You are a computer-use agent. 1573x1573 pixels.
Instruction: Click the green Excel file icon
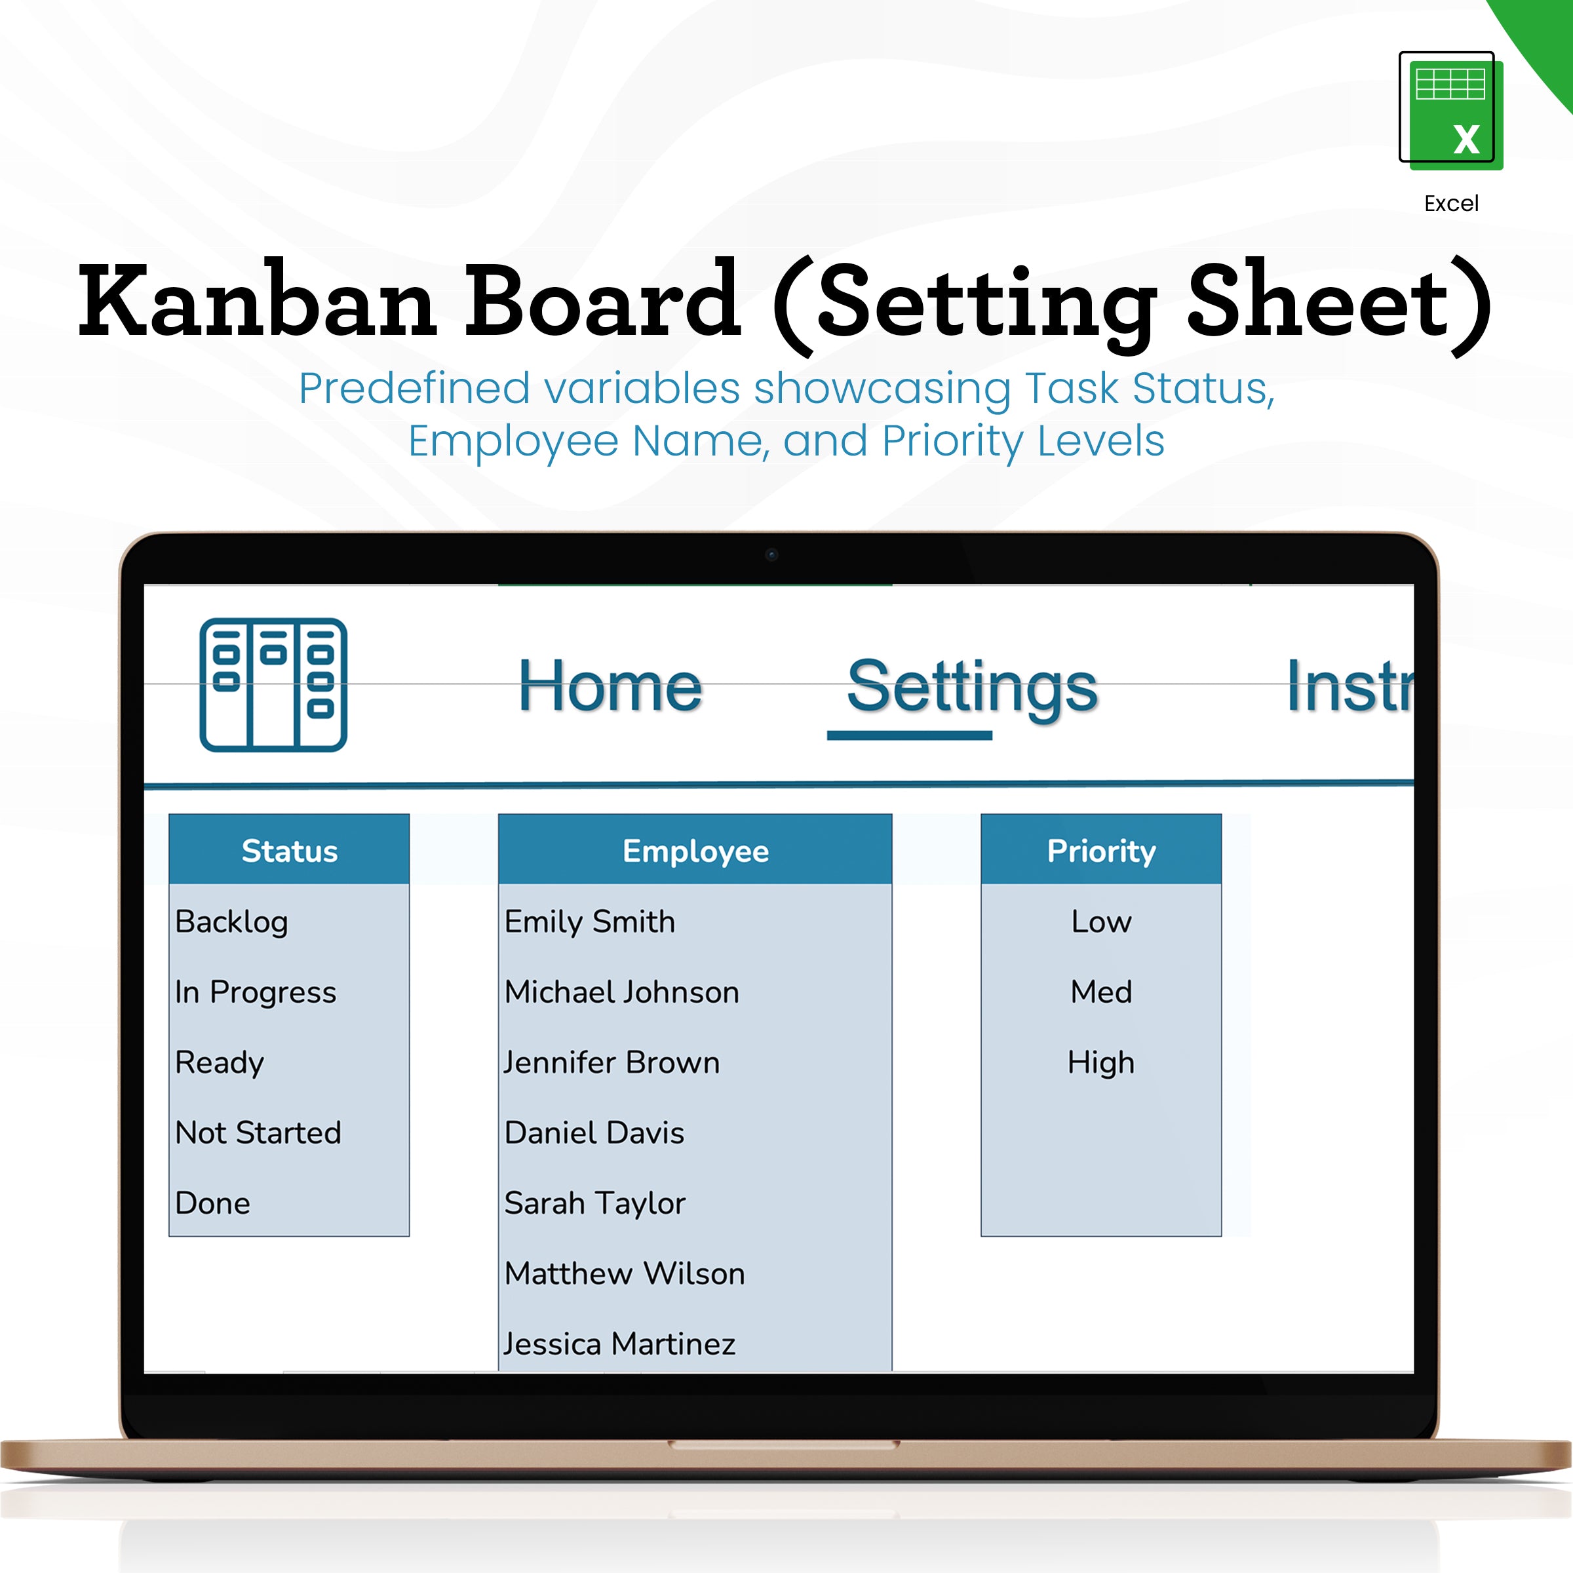tap(1450, 110)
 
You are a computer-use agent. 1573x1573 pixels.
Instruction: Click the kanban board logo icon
tap(273, 685)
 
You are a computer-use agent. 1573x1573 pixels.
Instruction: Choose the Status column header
tap(289, 851)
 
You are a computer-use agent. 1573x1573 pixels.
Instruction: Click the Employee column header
tap(695, 851)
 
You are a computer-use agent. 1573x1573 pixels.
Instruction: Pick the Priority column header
tap(1101, 851)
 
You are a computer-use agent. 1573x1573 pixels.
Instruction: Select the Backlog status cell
tap(232, 922)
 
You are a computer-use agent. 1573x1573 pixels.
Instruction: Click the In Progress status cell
tap(255, 992)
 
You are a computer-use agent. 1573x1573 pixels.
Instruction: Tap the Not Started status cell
tap(258, 1133)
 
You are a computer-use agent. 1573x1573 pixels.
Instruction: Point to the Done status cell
tap(212, 1203)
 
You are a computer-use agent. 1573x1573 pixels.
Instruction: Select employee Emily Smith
tap(589, 922)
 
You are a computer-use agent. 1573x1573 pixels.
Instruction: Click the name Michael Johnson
tap(622, 992)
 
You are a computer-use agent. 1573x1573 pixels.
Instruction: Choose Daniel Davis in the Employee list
tap(594, 1133)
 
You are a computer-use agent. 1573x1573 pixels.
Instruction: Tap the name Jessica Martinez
tap(619, 1344)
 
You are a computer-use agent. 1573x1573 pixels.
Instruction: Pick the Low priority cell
tap(1101, 922)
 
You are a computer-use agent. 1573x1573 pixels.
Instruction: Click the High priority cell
tap(1101, 1062)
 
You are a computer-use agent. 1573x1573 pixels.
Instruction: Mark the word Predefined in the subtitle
tap(414, 389)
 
